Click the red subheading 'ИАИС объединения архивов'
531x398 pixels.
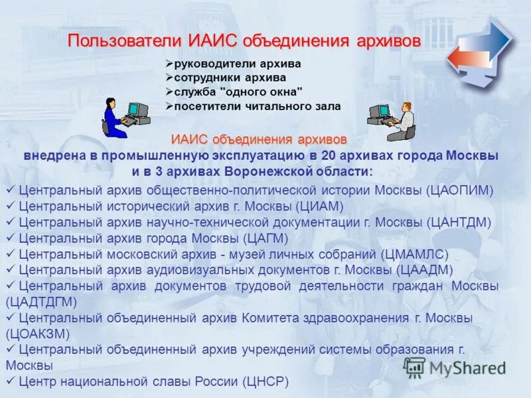pyautogui.click(x=259, y=140)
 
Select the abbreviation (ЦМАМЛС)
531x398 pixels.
pyautogui.click(x=415, y=254)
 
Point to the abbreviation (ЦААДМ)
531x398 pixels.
pyautogui.click(x=425, y=270)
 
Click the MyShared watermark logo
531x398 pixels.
pyautogui.click(x=455, y=367)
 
